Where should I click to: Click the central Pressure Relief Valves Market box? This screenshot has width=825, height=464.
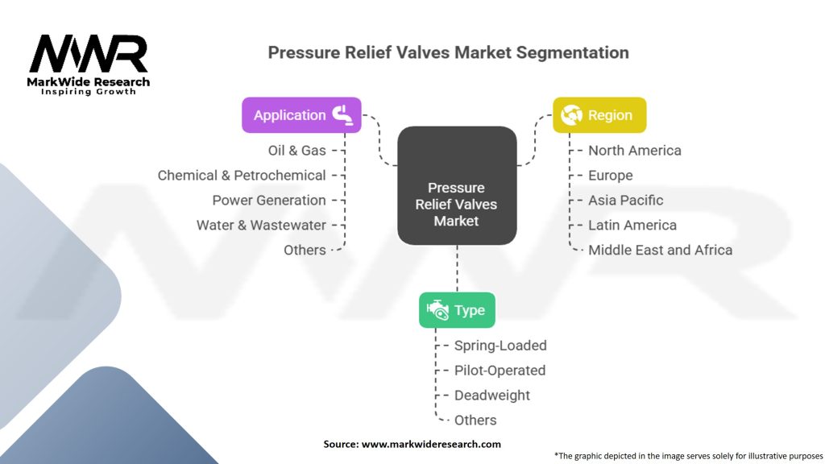[x=457, y=185]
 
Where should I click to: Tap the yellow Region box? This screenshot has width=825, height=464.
[x=599, y=115]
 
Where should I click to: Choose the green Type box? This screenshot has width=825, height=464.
[x=457, y=310]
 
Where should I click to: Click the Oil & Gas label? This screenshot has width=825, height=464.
[x=296, y=151]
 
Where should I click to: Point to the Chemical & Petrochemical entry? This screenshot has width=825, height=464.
[x=242, y=176]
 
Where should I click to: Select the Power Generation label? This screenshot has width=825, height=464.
[x=269, y=201]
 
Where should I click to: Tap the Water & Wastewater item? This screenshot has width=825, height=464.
[x=261, y=226]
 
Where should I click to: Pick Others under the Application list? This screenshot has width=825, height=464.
[x=305, y=251]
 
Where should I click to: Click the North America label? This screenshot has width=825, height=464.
[x=634, y=151]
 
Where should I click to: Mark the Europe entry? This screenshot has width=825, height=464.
[x=611, y=176]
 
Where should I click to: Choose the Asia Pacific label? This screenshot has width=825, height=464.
[x=626, y=201]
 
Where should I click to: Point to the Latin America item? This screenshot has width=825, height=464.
[x=632, y=226]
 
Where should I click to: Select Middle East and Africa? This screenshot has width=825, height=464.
[x=660, y=251]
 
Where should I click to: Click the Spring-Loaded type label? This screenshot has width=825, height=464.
[x=500, y=346]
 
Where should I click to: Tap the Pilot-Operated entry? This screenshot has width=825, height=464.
[x=500, y=371]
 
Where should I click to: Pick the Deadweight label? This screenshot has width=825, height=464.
[x=492, y=396]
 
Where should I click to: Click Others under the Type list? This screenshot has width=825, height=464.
[x=475, y=420]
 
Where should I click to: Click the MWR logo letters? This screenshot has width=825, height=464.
[x=89, y=55]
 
